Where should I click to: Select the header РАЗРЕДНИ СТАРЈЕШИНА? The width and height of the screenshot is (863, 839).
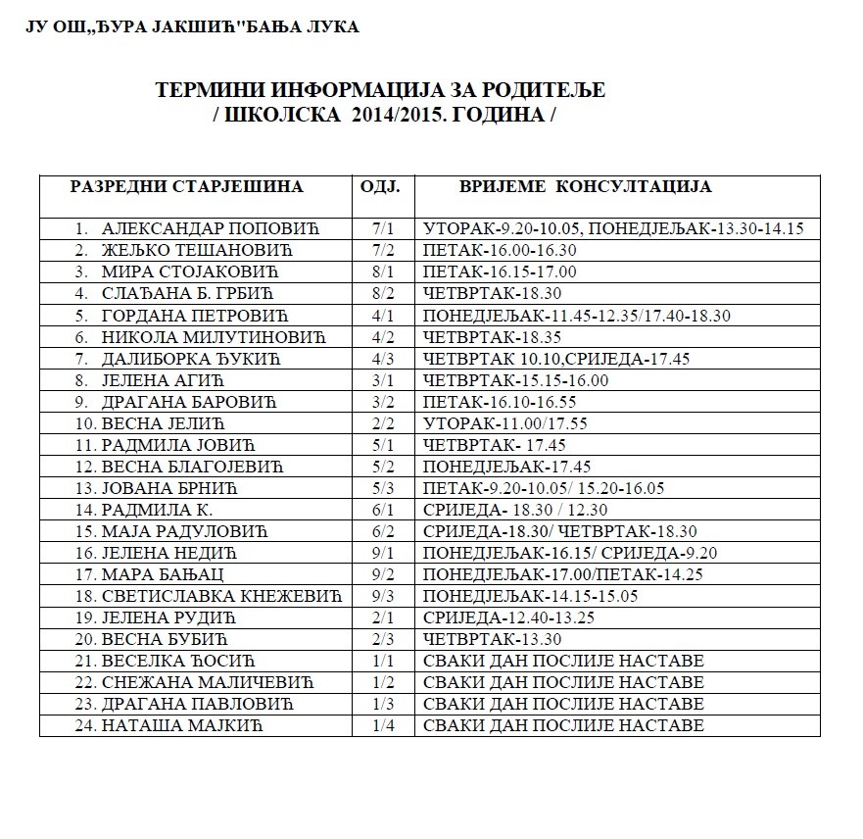pyautogui.click(x=186, y=186)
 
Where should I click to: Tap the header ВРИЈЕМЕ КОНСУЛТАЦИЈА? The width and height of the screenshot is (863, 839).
pyautogui.click(x=586, y=186)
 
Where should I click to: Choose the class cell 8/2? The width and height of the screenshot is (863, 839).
pyautogui.click(x=382, y=293)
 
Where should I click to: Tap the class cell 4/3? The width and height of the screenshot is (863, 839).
pyautogui.click(x=382, y=359)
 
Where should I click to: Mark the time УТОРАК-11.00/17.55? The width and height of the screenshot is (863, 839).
pyautogui.click(x=496, y=423)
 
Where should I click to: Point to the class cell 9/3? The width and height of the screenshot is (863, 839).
pyautogui.click(x=382, y=596)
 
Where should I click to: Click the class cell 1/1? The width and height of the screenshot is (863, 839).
pyautogui.click(x=382, y=661)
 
